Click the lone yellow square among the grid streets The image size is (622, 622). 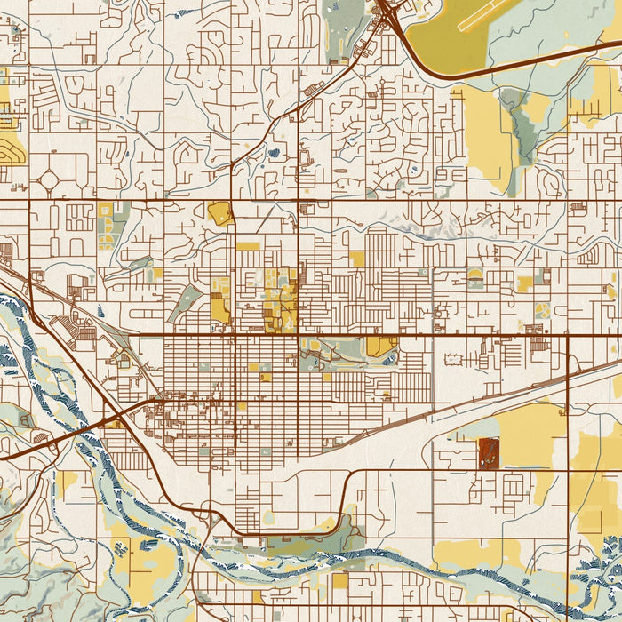click(357, 259)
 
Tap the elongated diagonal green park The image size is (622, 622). click(184, 302)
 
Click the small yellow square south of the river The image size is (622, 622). click(339, 581)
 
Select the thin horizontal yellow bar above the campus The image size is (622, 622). click(248, 246)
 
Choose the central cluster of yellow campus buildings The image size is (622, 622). click(280, 302)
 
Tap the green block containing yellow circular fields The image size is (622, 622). click(106, 231)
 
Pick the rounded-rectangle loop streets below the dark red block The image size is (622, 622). click(514, 487)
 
